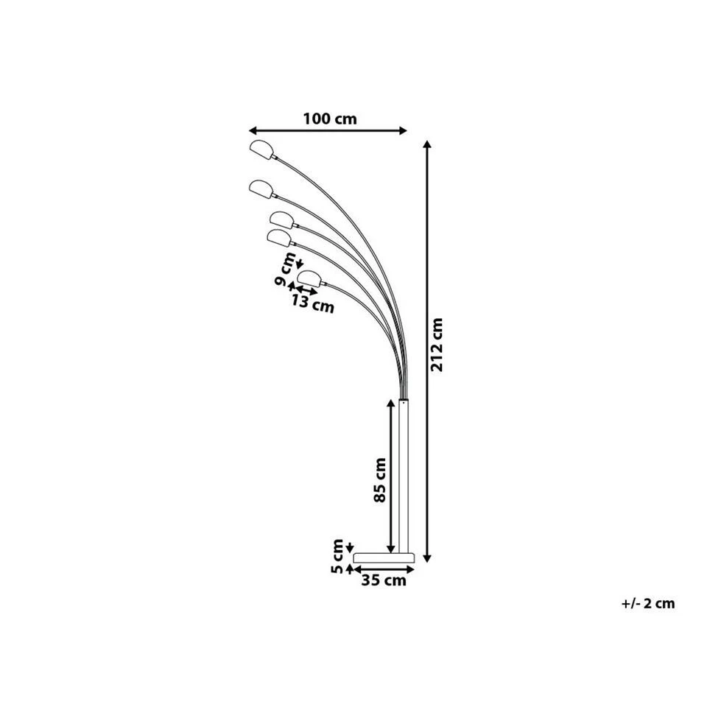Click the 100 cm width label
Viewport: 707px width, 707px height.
pos(330,119)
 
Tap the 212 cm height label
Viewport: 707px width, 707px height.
pos(437,345)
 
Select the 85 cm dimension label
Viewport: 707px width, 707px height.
pos(380,479)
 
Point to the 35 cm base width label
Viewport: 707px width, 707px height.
pos(384,580)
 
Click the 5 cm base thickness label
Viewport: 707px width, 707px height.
pos(337,557)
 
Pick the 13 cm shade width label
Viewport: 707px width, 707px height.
pos(312,303)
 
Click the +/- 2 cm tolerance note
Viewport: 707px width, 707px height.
pos(648,603)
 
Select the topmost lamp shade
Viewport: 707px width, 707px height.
pos(261,150)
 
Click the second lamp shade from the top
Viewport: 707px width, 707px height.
pos(261,189)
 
